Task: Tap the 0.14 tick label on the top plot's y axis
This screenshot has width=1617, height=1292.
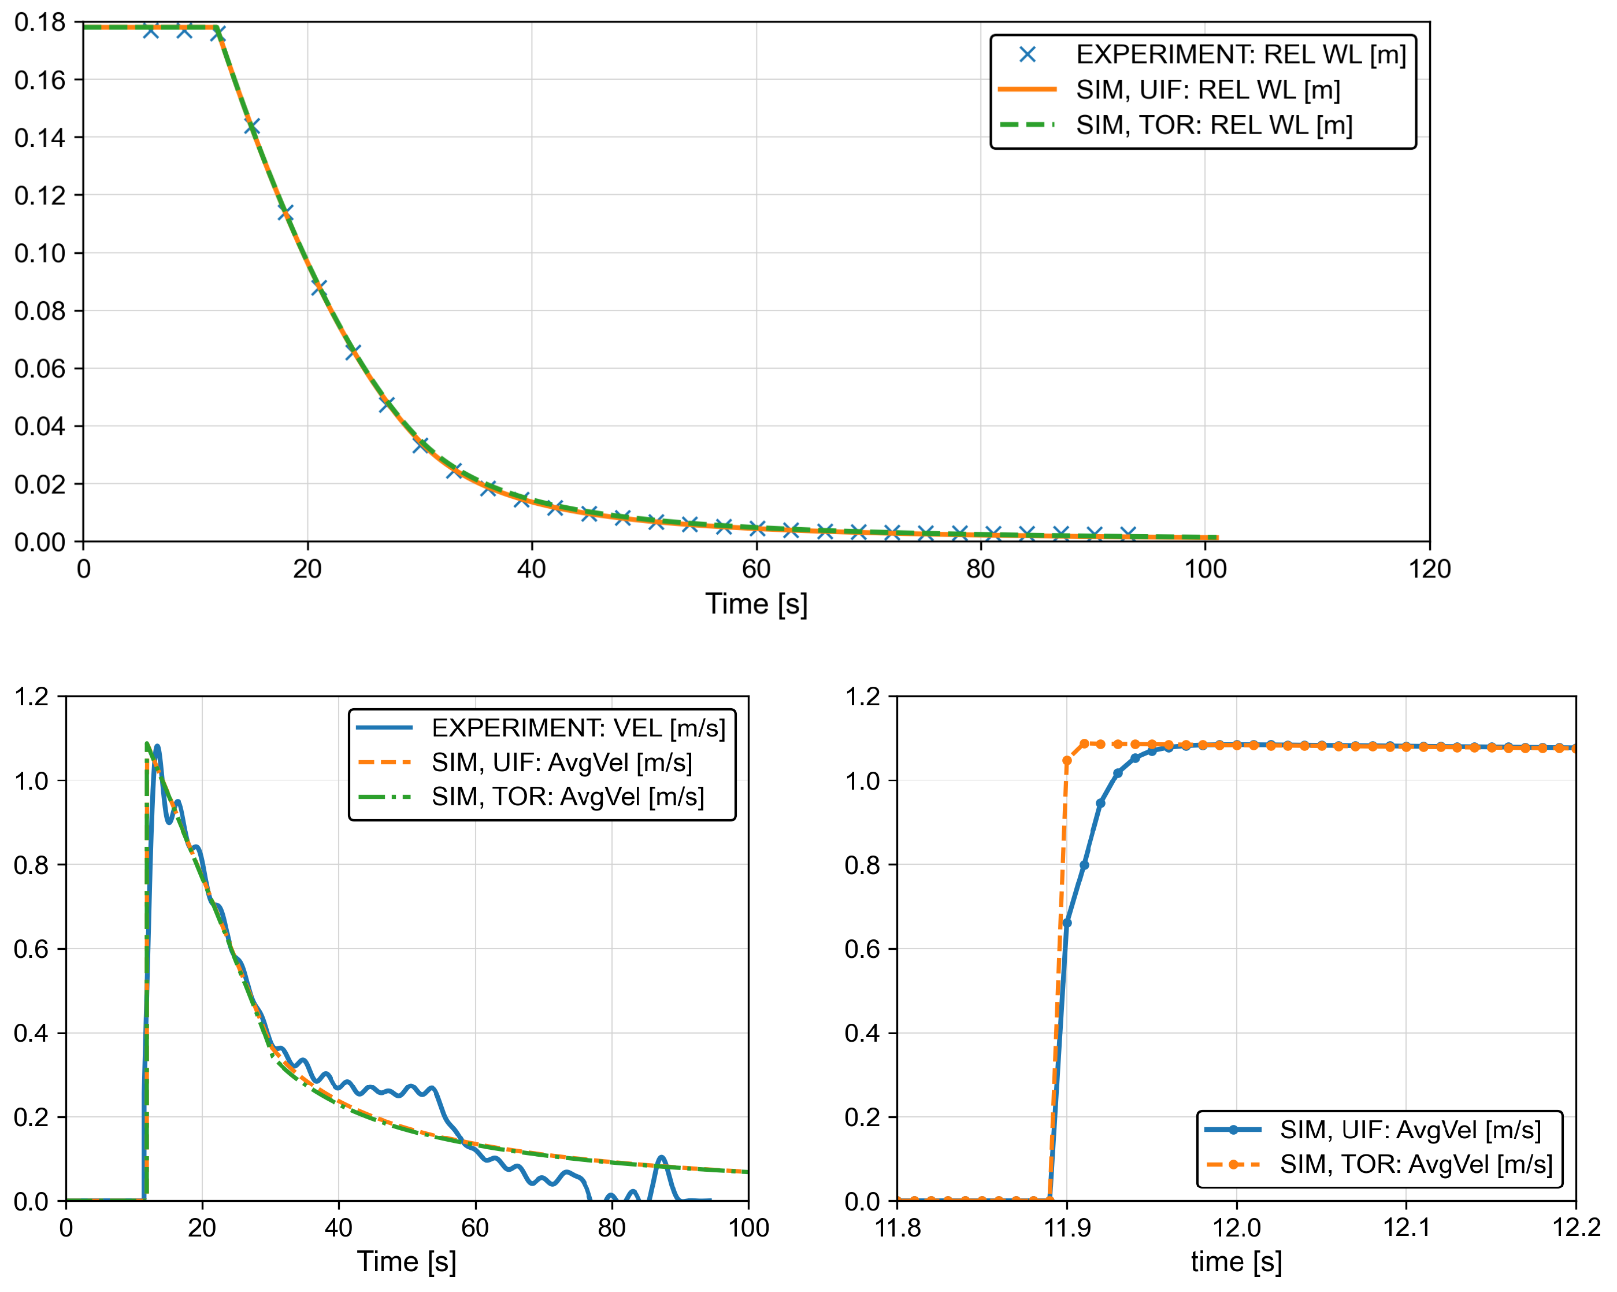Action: point(39,138)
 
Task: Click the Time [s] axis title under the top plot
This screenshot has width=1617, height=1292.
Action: point(755,605)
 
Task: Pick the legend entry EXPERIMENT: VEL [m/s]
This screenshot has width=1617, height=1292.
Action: point(577,728)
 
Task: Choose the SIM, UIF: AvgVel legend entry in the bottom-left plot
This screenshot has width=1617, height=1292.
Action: point(561,762)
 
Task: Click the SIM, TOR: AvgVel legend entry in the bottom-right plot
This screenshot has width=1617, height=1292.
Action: point(1415,1164)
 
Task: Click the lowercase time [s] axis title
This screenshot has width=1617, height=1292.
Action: point(1236,1262)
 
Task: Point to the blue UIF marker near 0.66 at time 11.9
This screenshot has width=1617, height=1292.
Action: point(1066,923)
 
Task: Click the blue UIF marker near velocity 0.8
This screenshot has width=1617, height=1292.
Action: point(1084,865)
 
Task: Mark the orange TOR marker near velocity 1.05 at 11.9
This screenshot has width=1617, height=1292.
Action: point(1066,761)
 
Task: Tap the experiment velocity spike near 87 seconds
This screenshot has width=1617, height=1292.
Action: point(661,1158)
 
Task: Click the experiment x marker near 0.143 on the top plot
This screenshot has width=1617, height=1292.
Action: point(252,127)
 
